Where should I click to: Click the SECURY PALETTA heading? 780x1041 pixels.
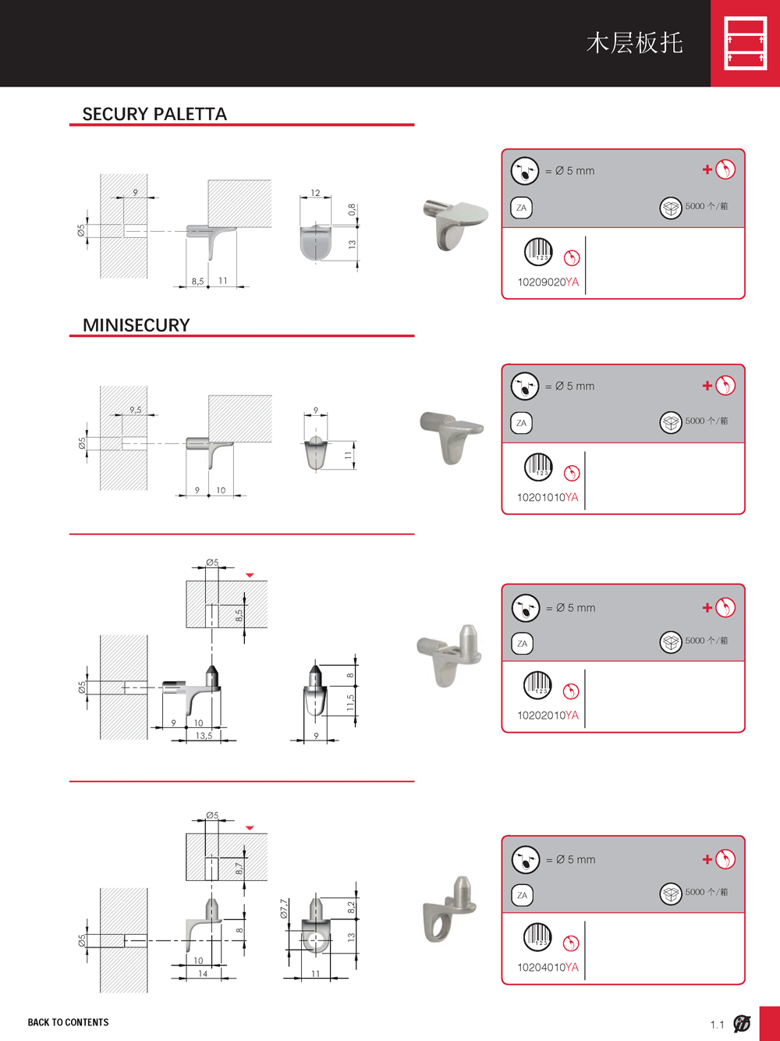(x=154, y=114)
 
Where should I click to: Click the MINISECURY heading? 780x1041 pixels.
(x=136, y=325)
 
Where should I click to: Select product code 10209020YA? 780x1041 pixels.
(x=548, y=282)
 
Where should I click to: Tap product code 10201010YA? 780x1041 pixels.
(x=548, y=497)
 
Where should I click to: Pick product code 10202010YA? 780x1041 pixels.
(x=548, y=715)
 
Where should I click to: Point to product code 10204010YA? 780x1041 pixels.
(x=548, y=967)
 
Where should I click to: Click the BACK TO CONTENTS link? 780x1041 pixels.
(x=68, y=1022)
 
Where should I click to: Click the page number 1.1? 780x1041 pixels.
(x=717, y=1025)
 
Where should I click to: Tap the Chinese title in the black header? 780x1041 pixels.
(x=634, y=43)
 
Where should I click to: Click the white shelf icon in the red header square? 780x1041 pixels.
(x=746, y=43)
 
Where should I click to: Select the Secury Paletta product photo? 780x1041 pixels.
(x=455, y=224)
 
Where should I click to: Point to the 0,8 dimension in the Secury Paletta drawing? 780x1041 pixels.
(x=352, y=209)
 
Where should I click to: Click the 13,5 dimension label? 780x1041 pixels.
(x=204, y=736)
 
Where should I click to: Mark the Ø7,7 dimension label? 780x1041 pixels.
(x=284, y=908)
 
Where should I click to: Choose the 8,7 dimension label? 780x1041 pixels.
(x=239, y=869)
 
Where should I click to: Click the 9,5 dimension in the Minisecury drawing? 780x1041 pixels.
(x=136, y=409)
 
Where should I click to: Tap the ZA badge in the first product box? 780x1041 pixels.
(x=521, y=208)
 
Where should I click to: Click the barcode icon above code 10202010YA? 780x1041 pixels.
(x=538, y=685)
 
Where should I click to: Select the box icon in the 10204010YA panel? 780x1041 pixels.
(x=671, y=894)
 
